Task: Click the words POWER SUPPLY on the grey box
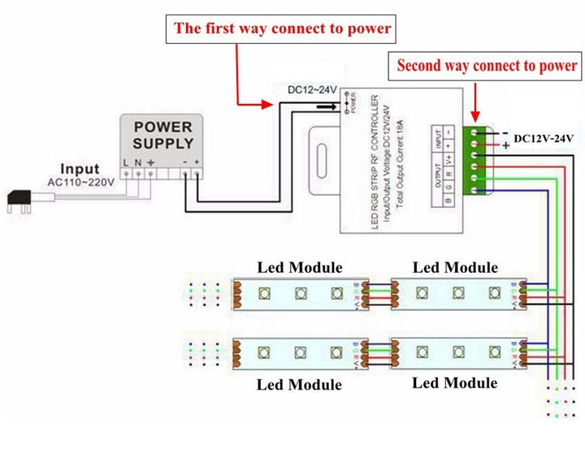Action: (162, 136)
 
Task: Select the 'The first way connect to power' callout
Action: (283, 29)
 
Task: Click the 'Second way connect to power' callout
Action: (487, 66)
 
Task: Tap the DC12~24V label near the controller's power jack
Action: (313, 89)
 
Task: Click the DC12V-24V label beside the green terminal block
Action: (544, 139)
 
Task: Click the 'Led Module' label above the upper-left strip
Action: (300, 267)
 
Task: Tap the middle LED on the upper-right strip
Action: (457, 292)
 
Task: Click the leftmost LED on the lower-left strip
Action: (263, 352)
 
